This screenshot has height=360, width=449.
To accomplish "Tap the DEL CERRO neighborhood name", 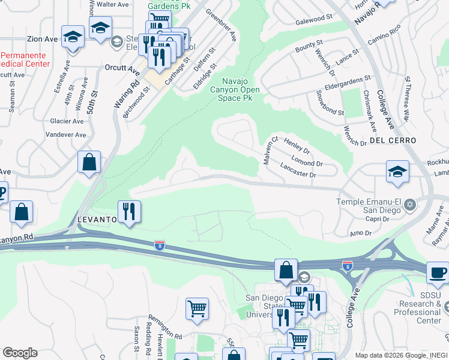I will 393,140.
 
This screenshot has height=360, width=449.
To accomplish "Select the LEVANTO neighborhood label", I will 96,220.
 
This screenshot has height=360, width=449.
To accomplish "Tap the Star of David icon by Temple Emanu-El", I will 411,205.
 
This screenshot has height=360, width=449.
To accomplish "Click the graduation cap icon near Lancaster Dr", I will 397,172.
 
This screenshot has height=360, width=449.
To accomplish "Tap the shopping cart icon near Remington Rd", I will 197,310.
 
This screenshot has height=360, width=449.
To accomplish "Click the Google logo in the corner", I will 20,353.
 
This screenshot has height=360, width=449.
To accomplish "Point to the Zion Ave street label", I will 42,39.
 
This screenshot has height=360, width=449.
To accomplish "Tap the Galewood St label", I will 314,20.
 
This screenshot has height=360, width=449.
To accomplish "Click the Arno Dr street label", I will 361,233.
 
